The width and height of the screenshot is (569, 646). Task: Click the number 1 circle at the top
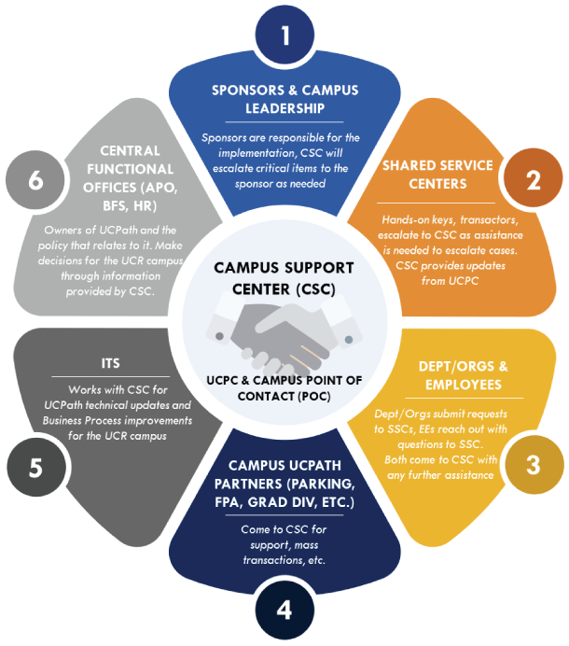click(284, 35)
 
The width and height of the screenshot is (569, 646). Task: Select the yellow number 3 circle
click(533, 464)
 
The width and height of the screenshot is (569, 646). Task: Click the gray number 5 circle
click(35, 465)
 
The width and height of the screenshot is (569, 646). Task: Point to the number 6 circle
click(35, 180)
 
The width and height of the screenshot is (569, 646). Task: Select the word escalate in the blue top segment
click(230, 168)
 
